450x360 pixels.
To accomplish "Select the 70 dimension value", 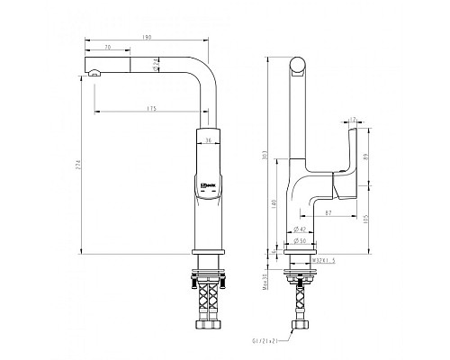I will point(107,47).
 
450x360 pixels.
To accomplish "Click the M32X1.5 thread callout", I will point(321,261).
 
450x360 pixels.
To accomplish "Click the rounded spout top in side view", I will point(297,63).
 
